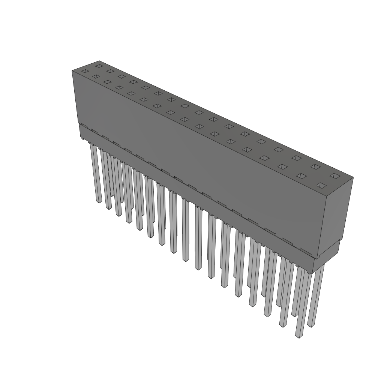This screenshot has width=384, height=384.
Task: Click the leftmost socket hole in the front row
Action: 85,71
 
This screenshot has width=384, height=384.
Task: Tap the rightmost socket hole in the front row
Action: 321,185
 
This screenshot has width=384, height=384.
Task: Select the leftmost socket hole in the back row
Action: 99,66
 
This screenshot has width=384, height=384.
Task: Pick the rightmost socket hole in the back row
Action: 334,175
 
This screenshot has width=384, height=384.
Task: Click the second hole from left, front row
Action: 96,76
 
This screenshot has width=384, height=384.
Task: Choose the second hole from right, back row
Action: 315,166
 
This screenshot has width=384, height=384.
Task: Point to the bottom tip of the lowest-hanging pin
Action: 298,336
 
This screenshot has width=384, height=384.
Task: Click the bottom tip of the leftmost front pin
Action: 99,201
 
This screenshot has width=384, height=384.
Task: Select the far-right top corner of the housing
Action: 353,177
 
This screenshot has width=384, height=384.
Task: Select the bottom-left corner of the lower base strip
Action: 79,137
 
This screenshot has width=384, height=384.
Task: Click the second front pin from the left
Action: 108,180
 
